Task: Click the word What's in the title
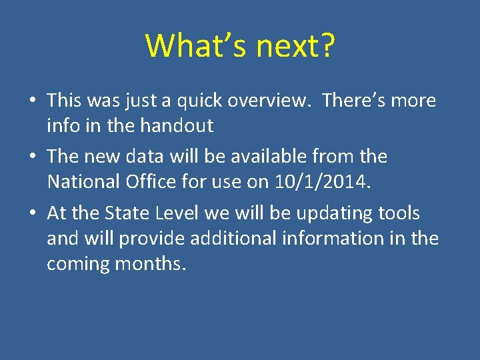point(194,45)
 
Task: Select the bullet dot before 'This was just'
point(33,101)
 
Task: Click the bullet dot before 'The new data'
point(33,157)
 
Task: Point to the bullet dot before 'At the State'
point(33,214)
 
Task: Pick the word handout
point(180,125)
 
